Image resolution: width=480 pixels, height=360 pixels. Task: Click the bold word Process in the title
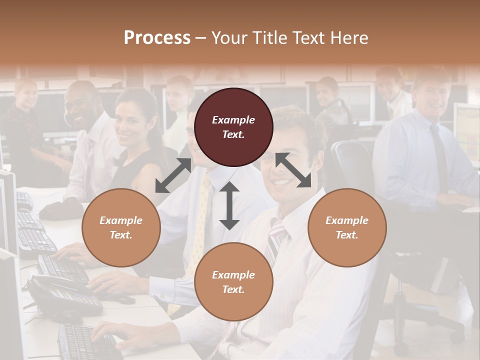(x=157, y=38)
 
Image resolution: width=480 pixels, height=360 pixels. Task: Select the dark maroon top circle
(x=233, y=127)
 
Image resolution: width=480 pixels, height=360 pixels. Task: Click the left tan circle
(x=121, y=227)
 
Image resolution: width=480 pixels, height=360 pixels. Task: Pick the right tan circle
(x=347, y=227)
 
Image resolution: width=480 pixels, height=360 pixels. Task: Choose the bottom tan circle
(x=233, y=282)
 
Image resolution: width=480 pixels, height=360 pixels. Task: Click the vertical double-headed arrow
(x=229, y=205)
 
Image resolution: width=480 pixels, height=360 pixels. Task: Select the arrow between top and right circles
(x=293, y=170)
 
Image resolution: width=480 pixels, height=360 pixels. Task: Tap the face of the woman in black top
(x=129, y=122)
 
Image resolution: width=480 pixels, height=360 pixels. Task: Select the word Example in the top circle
(x=233, y=120)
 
